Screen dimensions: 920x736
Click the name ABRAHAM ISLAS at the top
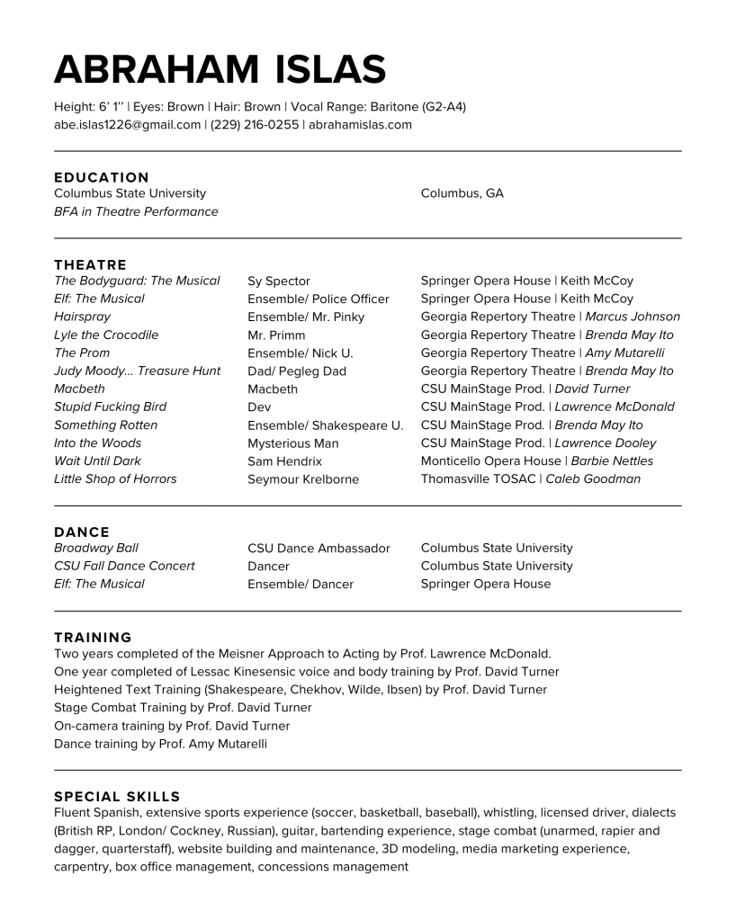pyautogui.click(x=220, y=69)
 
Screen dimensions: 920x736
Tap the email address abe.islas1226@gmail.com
pyautogui.click(x=127, y=125)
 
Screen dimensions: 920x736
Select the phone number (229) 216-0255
pyautogui.click(x=255, y=125)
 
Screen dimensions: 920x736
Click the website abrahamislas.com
pyautogui.click(x=360, y=125)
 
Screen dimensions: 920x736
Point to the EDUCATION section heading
pyautogui.click(x=102, y=177)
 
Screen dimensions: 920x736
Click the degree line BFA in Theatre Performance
pyautogui.click(x=136, y=211)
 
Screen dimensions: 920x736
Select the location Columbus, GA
pyautogui.click(x=462, y=193)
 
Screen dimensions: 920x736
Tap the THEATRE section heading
pyautogui.click(x=90, y=264)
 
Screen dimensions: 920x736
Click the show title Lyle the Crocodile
pyautogui.click(x=106, y=335)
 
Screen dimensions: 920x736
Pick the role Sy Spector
pyautogui.click(x=279, y=281)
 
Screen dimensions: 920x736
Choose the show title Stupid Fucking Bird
pyautogui.click(x=110, y=406)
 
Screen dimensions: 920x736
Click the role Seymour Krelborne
pyautogui.click(x=303, y=479)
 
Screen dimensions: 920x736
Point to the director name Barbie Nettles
pyautogui.click(x=612, y=460)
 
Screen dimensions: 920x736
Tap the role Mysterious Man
pyautogui.click(x=293, y=443)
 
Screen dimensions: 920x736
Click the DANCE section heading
pyautogui.click(x=82, y=531)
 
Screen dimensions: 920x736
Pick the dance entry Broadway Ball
pyautogui.click(x=96, y=548)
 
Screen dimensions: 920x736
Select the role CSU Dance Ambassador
pyautogui.click(x=319, y=549)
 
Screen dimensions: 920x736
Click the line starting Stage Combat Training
pyautogui.click(x=183, y=708)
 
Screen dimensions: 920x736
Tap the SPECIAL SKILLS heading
pyautogui.click(x=117, y=796)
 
